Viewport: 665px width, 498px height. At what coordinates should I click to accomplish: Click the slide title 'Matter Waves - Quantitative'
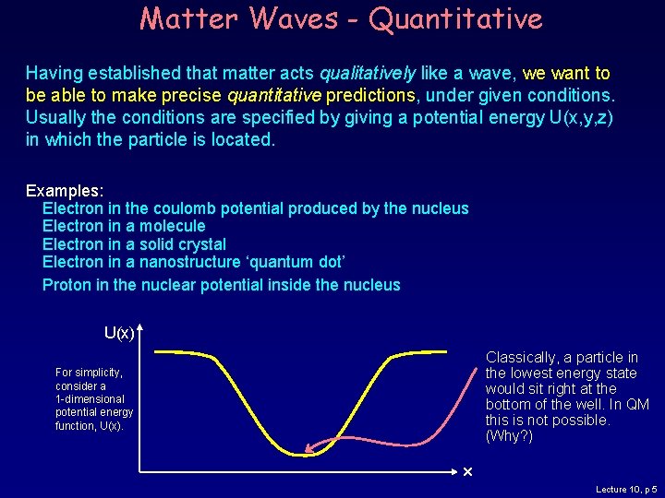click(x=341, y=18)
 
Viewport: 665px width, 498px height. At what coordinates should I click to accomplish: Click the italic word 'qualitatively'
click(x=367, y=73)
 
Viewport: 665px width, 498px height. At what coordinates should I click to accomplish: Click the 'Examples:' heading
click(x=65, y=190)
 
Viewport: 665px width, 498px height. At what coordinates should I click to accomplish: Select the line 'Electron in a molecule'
click(x=124, y=226)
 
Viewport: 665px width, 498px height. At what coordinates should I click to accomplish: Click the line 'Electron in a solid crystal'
click(x=134, y=244)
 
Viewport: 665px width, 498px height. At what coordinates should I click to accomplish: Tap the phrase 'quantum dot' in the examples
click(x=300, y=263)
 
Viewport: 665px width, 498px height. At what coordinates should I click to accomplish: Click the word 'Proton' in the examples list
click(x=66, y=285)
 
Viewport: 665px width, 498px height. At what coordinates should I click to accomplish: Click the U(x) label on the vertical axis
click(x=119, y=332)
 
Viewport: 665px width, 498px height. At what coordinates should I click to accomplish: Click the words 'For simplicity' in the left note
click(x=89, y=373)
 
